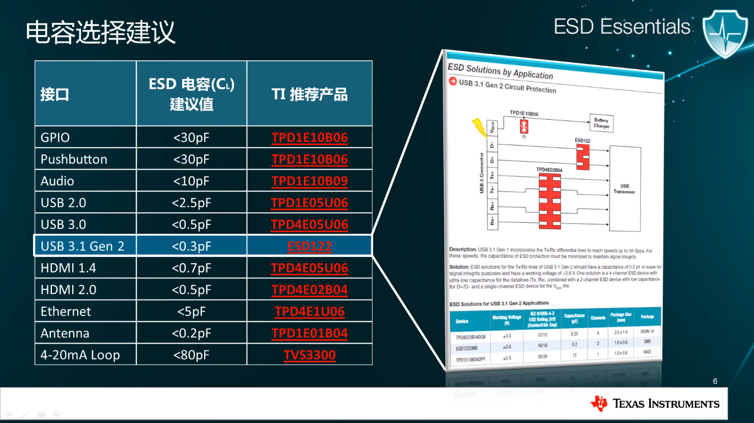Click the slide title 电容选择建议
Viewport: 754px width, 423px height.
[x=100, y=32]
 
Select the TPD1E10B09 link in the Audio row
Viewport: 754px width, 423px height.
[x=309, y=181]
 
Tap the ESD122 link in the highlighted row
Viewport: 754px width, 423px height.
[x=309, y=246]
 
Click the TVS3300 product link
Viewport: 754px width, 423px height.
[x=309, y=355]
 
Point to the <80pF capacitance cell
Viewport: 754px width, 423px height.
[x=191, y=355]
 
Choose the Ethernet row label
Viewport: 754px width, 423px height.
[x=66, y=312]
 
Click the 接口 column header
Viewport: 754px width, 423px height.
[x=55, y=94]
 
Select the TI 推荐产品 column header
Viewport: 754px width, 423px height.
[x=309, y=94]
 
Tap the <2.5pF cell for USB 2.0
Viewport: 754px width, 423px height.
[x=191, y=203]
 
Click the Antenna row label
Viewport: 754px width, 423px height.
[x=65, y=333]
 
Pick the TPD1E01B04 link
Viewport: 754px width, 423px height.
[x=309, y=333]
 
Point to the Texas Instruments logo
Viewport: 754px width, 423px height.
[x=655, y=404]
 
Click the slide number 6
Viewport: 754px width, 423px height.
[x=715, y=382]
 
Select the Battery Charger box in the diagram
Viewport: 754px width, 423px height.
[x=601, y=123]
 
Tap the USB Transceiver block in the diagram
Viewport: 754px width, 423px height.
[x=624, y=189]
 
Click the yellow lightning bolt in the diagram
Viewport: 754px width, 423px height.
[x=478, y=126]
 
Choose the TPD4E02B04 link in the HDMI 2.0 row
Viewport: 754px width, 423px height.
[x=309, y=290]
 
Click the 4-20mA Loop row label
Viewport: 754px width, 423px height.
[x=80, y=355]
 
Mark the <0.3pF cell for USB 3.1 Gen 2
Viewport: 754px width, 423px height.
[x=191, y=246]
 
